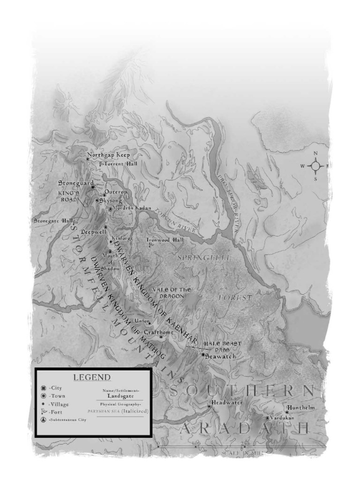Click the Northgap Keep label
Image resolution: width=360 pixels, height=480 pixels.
coord(109,155)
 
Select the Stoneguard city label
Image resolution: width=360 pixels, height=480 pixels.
coord(76,183)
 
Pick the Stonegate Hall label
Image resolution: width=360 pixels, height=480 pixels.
coord(53,220)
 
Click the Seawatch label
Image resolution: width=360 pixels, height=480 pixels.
coord(220,356)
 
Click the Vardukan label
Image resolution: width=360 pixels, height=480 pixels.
coord(283,417)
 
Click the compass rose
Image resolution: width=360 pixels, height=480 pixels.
coord(316,166)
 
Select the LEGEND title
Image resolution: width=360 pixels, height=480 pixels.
coord(91,377)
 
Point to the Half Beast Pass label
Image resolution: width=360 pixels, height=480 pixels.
coord(222,346)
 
